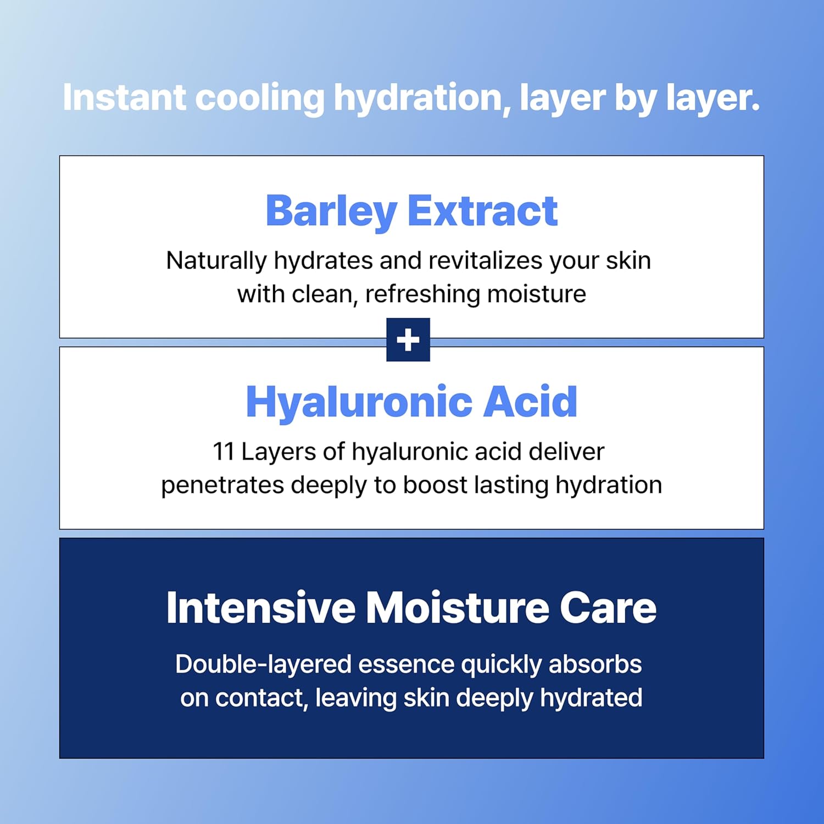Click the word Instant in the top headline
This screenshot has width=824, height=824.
pos(124,98)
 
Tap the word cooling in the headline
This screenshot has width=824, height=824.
pos(260,98)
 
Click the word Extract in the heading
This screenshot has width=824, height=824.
pos(483,211)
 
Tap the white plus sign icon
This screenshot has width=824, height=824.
pos(408,340)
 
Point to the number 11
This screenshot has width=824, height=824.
pos(224,452)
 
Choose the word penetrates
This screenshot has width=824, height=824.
pos(222,485)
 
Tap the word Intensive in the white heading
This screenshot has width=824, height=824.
pos(260,608)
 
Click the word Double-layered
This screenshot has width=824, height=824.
pos(263,665)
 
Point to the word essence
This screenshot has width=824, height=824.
pos(406,665)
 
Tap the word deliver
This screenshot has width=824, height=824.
pos(566,452)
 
